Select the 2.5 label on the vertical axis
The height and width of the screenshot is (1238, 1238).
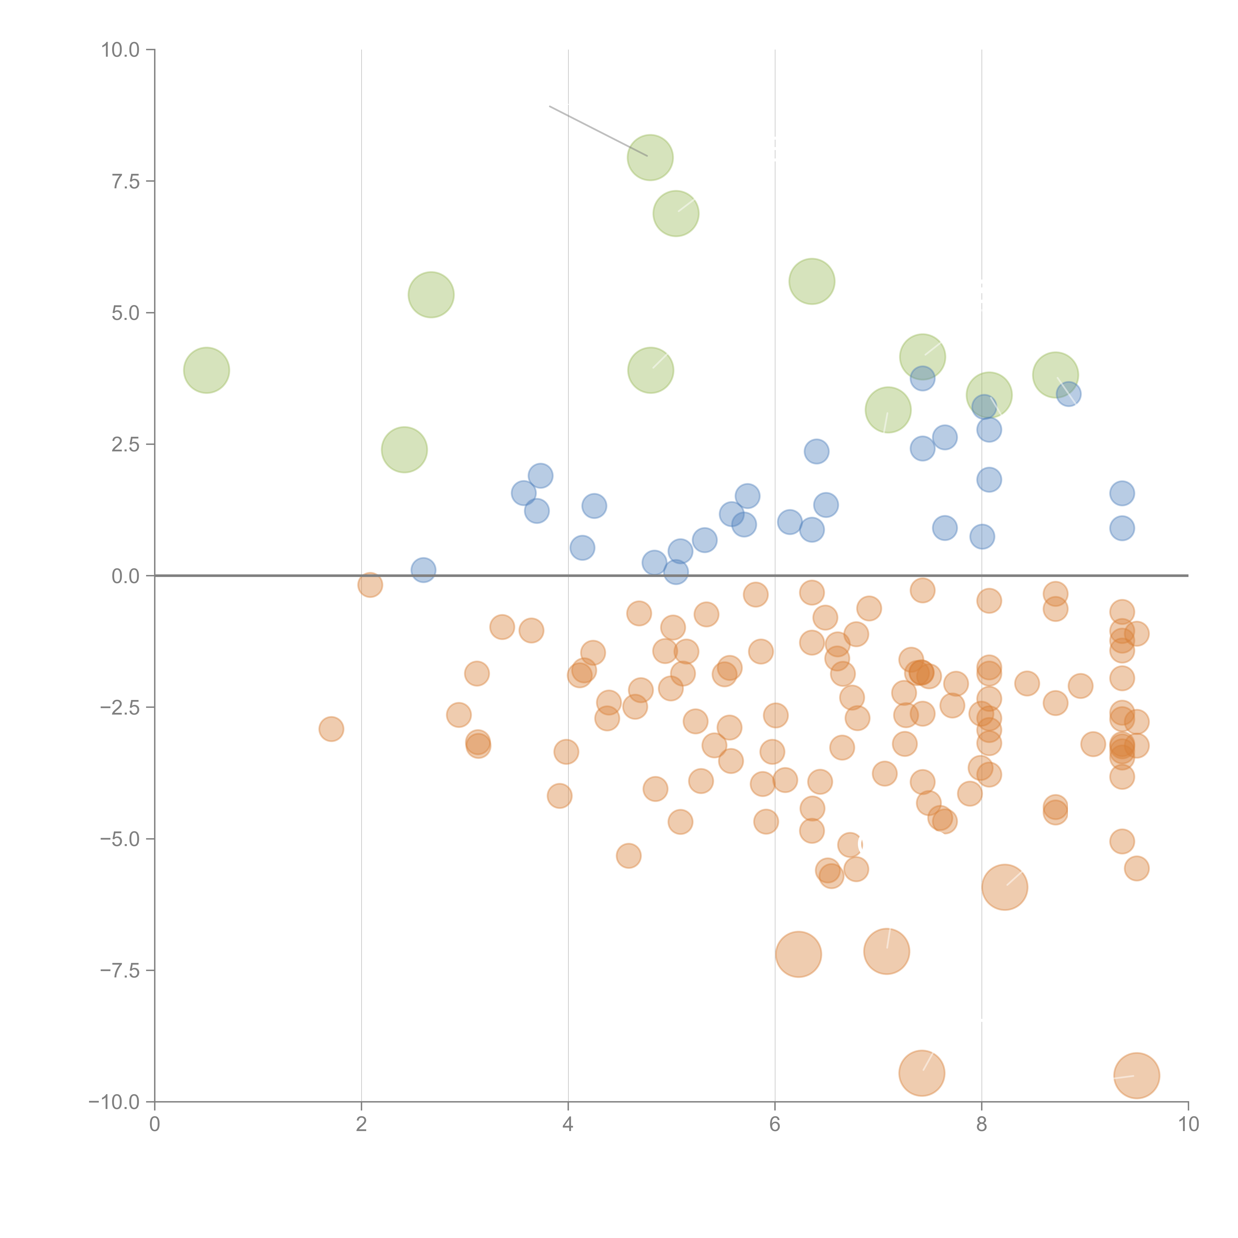pyautogui.click(x=125, y=444)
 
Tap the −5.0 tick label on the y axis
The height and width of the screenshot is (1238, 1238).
pyautogui.click(x=119, y=839)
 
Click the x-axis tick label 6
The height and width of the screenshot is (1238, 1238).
pyautogui.click(x=775, y=1125)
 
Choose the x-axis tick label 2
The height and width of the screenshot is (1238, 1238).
pyautogui.click(x=361, y=1125)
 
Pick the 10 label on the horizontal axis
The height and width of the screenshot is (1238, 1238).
pyautogui.click(x=1188, y=1125)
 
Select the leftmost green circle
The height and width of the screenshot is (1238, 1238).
pyautogui.click(x=206, y=370)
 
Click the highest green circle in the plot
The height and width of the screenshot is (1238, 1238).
pyautogui.click(x=650, y=158)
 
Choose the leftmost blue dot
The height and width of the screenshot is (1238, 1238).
pyautogui.click(x=423, y=570)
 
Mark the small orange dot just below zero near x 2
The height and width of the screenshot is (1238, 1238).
pyautogui.click(x=370, y=584)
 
